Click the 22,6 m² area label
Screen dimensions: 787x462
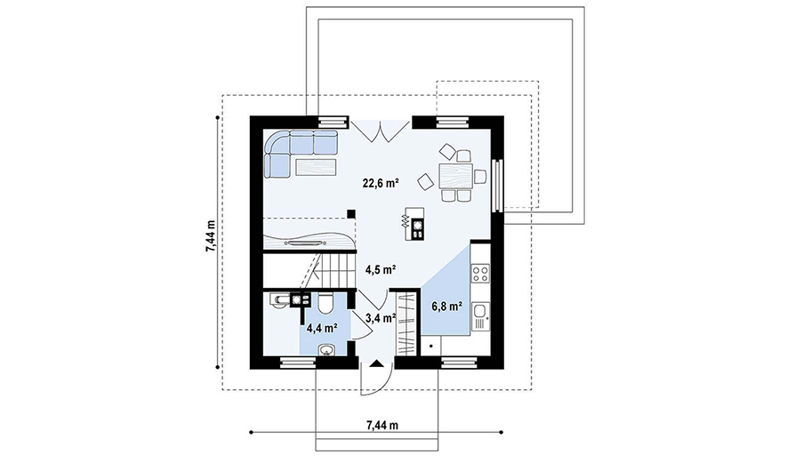tap(381, 183)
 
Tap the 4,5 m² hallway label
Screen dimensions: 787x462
tap(381, 270)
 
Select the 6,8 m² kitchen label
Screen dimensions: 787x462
tap(446, 306)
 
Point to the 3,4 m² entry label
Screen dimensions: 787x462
tap(381, 317)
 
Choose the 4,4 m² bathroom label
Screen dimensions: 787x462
tap(322, 329)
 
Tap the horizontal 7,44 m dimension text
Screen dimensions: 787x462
tap(382, 426)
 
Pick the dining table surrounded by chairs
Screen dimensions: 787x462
tap(456, 176)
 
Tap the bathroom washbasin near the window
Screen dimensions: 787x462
tap(328, 350)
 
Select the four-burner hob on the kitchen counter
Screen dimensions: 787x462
tap(480, 274)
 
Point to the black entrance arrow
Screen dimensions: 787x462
tap(376, 363)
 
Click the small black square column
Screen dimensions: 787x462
tap(351, 214)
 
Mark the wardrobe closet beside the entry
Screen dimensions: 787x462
tap(406, 323)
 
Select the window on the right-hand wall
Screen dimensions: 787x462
tap(496, 185)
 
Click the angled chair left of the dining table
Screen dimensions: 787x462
tap(426, 181)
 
